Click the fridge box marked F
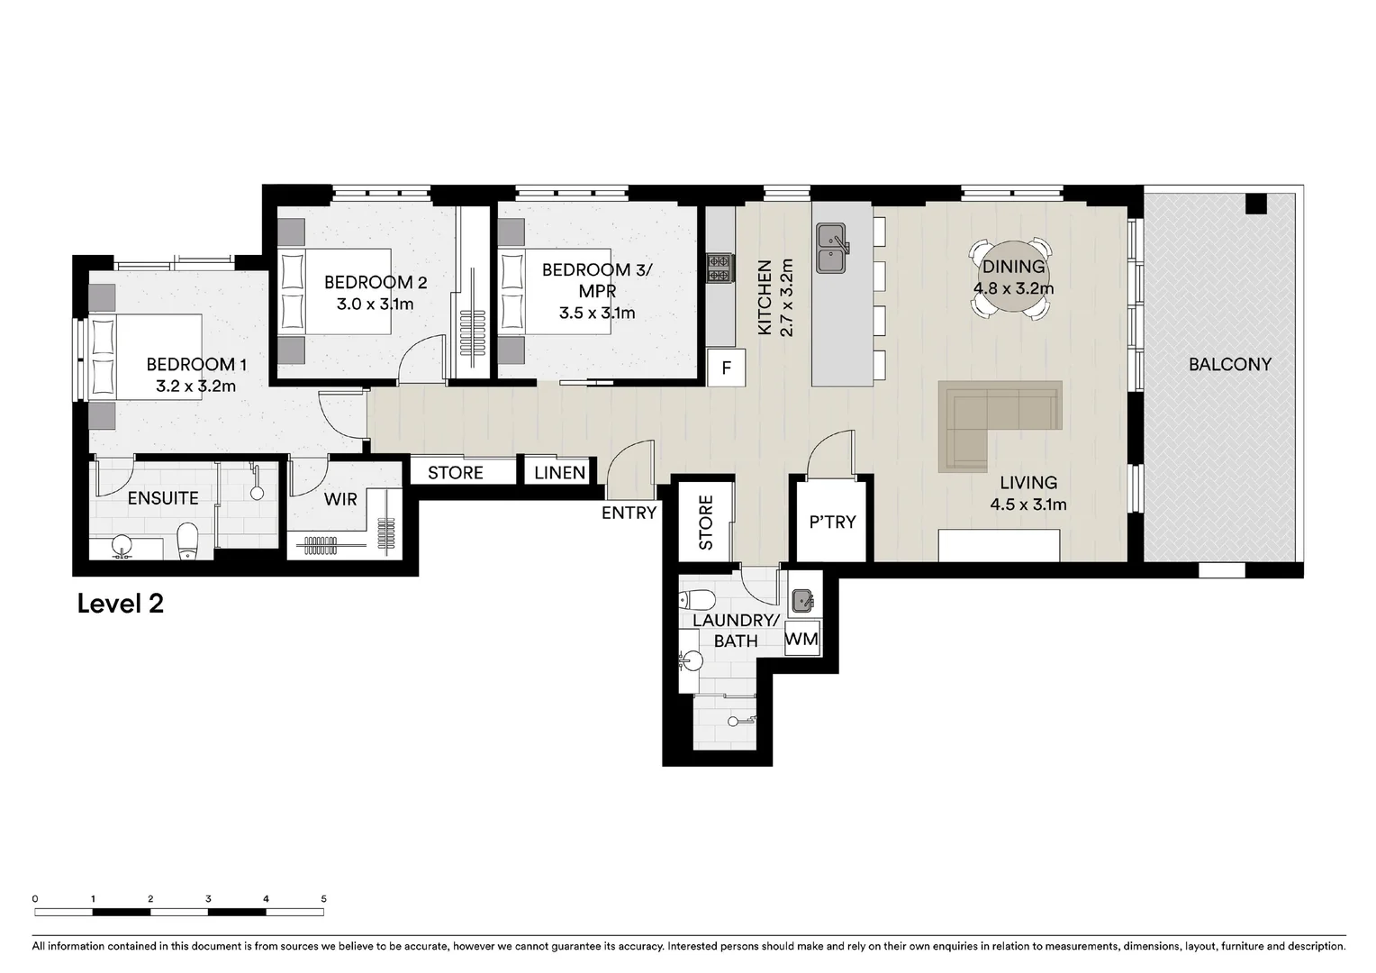[x=727, y=368]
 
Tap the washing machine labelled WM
[x=802, y=640]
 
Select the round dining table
[x=1011, y=277]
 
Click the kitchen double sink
[x=832, y=249]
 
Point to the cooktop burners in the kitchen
[x=720, y=268]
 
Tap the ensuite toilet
[x=187, y=541]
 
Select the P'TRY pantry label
[x=832, y=522]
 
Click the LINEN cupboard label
[x=559, y=473]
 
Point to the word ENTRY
[x=629, y=513]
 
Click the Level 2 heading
[x=121, y=604]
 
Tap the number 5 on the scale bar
[x=323, y=898]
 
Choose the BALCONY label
[x=1229, y=365]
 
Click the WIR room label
[x=340, y=498]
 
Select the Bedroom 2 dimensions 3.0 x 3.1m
[x=375, y=304]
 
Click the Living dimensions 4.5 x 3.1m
[x=1028, y=505]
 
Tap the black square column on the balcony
[x=1256, y=204]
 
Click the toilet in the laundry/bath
[x=697, y=600]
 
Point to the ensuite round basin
[x=122, y=546]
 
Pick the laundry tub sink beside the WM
[x=802, y=599]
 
